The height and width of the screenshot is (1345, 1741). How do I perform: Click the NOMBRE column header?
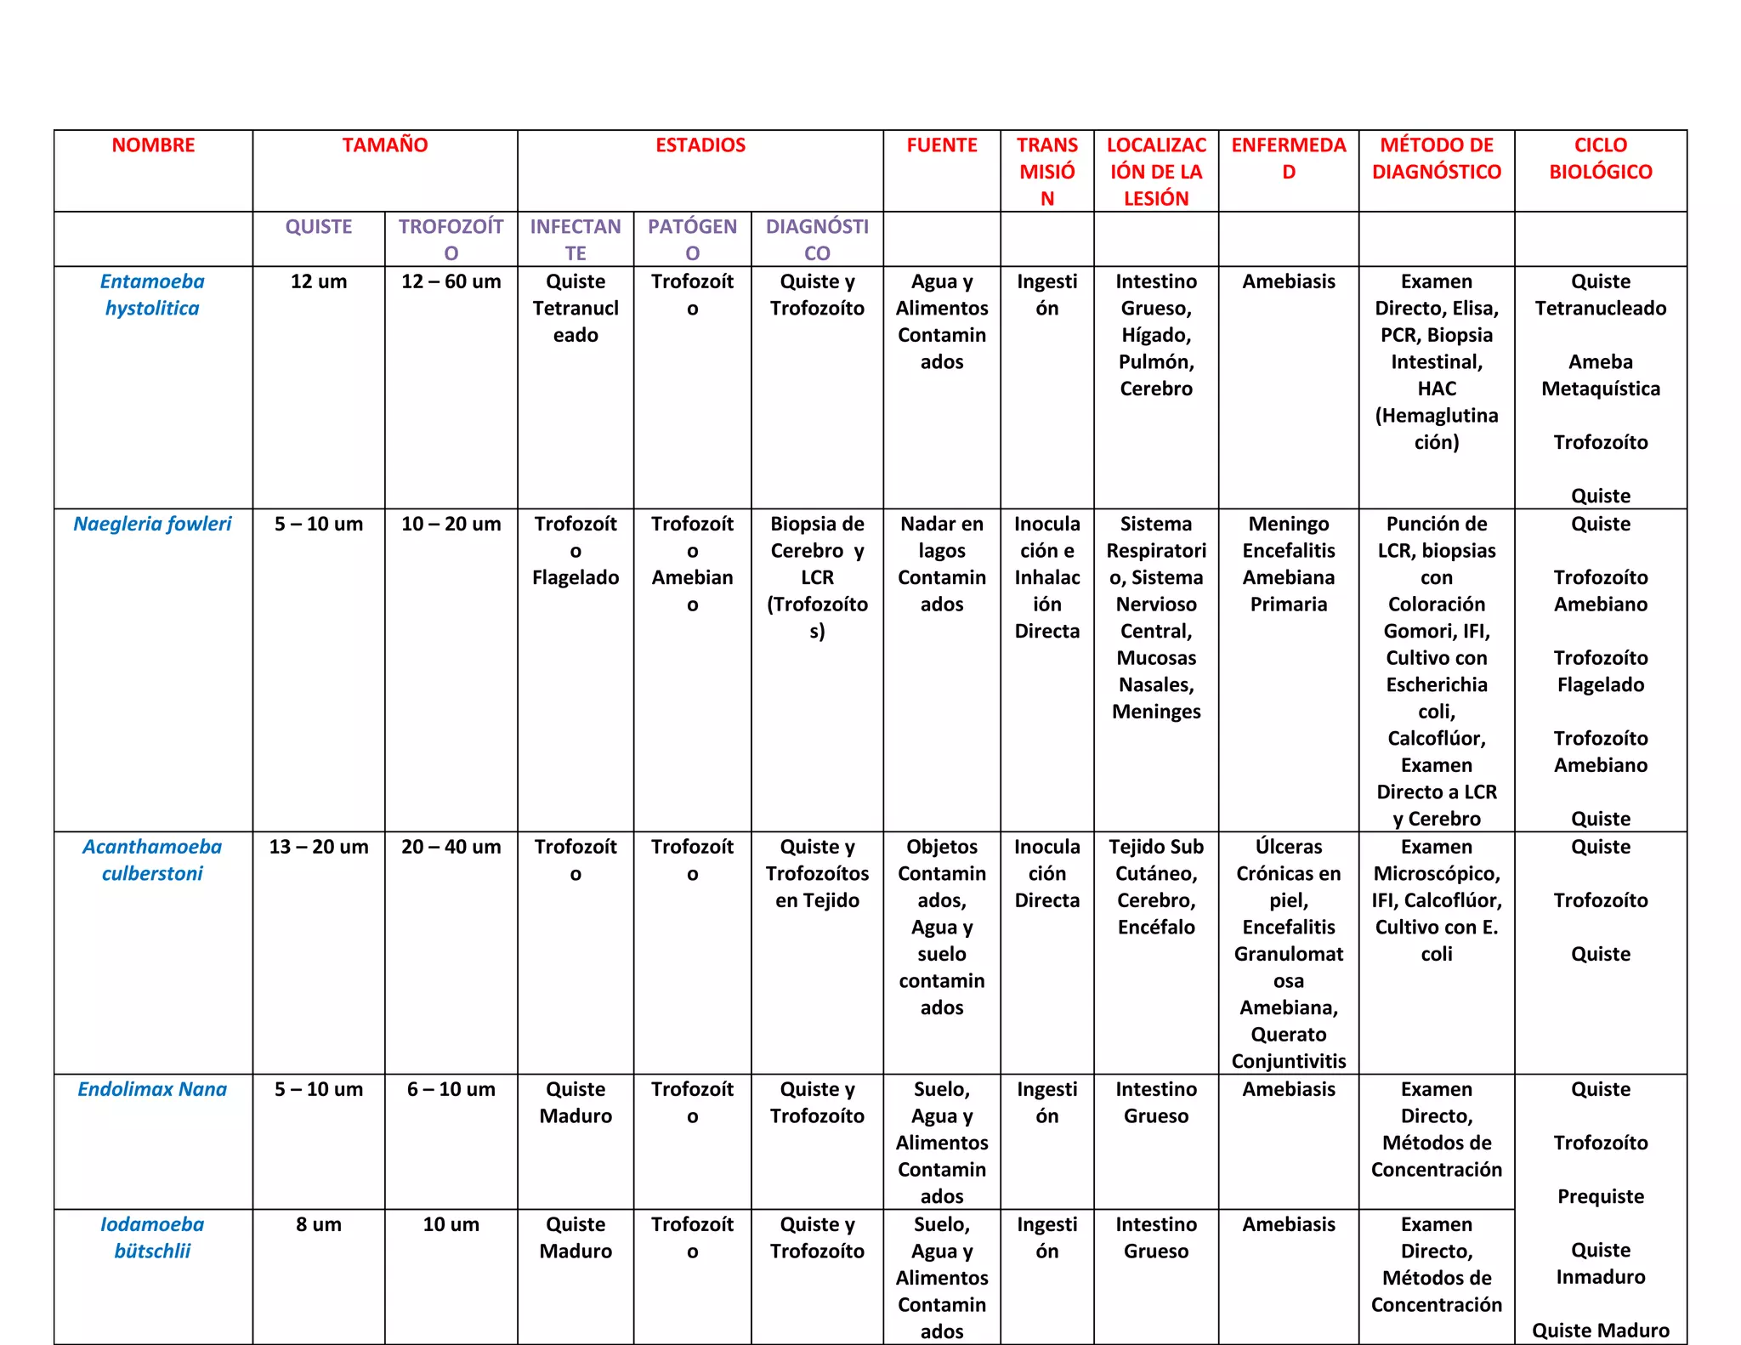click(x=153, y=145)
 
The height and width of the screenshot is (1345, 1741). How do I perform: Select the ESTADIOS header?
click(x=700, y=145)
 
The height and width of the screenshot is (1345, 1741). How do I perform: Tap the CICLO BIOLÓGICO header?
click(x=1600, y=158)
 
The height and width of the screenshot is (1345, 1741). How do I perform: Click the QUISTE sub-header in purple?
click(x=319, y=227)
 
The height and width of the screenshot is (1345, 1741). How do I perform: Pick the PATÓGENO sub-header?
click(x=692, y=240)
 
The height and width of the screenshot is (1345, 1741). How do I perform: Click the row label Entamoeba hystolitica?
click(x=152, y=294)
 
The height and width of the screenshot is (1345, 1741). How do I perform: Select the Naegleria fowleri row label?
click(x=152, y=524)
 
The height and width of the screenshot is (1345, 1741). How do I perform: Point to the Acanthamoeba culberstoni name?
click(x=152, y=860)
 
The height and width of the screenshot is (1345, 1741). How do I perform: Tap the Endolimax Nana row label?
click(x=152, y=1089)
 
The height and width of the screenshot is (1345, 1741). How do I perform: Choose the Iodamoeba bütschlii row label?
click(x=152, y=1237)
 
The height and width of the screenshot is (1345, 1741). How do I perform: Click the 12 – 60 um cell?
click(x=451, y=281)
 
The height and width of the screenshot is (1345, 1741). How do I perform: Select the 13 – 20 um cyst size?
click(x=319, y=847)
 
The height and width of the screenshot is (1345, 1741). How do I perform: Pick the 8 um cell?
click(x=319, y=1224)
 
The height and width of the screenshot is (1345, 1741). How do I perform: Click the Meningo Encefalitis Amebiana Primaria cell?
click(x=1288, y=564)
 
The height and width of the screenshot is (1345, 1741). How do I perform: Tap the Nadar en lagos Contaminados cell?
click(x=942, y=564)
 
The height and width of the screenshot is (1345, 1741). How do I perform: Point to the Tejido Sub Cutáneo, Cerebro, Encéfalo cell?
click(x=1156, y=887)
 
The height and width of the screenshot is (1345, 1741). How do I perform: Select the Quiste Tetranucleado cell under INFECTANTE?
click(x=576, y=308)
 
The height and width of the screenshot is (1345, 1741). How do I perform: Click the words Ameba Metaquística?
click(x=1600, y=375)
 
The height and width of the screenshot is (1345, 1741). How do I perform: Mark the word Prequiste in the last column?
click(x=1600, y=1196)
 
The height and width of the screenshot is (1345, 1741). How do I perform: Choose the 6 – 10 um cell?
click(x=451, y=1089)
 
